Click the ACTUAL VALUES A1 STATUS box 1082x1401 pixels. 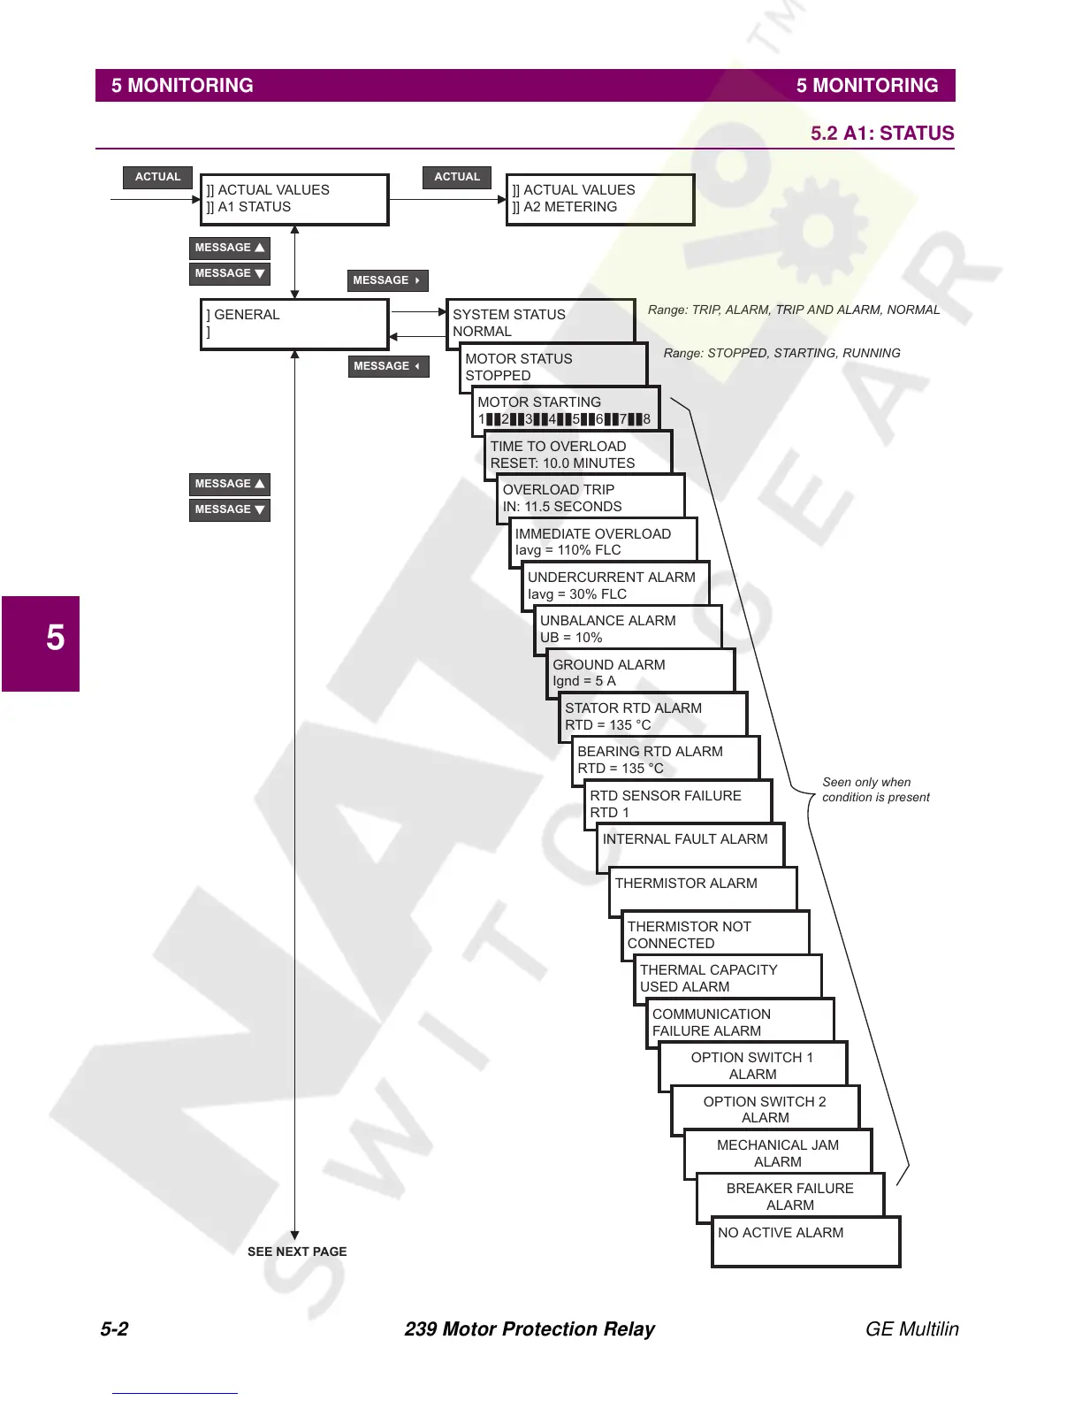(x=293, y=199)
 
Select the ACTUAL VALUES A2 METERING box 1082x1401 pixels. (x=599, y=199)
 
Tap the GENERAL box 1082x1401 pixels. (x=293, y=324)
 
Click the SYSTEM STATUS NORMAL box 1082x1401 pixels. (x=539, y=322)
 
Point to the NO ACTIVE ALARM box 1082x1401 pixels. (x=804, y=1241)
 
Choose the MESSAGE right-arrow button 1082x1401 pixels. (x=387, y=280)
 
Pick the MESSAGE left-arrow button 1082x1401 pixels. (x=387, y=366)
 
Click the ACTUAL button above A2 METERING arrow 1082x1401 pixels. (x=456, y=177)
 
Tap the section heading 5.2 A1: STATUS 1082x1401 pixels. (x=881, y=134)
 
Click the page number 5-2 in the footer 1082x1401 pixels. (x=114, y=1328)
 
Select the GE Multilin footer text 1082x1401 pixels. (x=911, y=1328)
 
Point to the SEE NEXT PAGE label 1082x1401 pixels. (x=297, y=1252)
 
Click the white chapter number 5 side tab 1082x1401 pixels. (x=55, y=638)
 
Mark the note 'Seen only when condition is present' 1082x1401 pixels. (x=875, y=790)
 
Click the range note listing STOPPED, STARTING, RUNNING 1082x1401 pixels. (x=781, y=353)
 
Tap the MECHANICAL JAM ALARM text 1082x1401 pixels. (x=778, y=1153)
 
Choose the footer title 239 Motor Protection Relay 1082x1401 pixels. (x=530, y=1328)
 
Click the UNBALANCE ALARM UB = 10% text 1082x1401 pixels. (x=607, y=629)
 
